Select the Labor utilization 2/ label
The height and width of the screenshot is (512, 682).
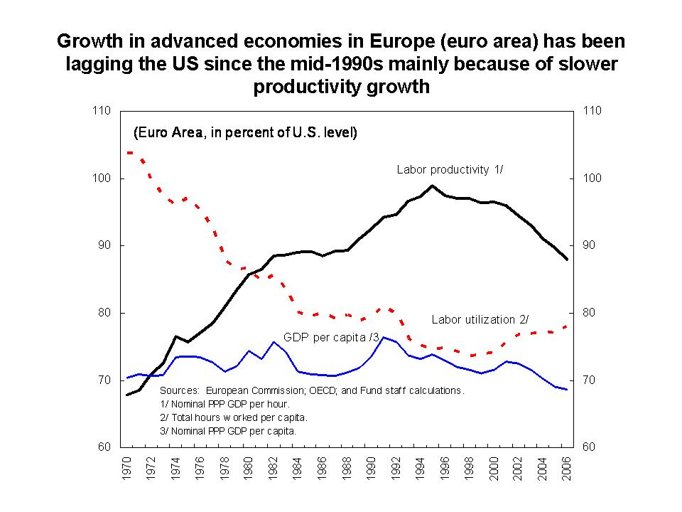pos(480,319)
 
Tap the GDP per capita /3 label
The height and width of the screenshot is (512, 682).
pos(331,336)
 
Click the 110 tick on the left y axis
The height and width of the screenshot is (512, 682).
pos(102,111)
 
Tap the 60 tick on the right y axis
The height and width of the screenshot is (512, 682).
pos(591,447)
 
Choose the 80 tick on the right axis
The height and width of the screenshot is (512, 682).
pos(591,313)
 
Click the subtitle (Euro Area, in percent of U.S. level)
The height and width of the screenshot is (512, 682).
pos(246,133)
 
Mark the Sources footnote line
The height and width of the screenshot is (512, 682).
pos(312,390)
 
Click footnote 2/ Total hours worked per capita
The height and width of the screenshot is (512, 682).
pos(234,417)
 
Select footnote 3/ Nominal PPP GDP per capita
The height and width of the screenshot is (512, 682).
pos(229,431)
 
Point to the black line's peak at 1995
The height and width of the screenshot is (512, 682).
pos(432,186)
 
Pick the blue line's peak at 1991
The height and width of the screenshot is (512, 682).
pos(384,338)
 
